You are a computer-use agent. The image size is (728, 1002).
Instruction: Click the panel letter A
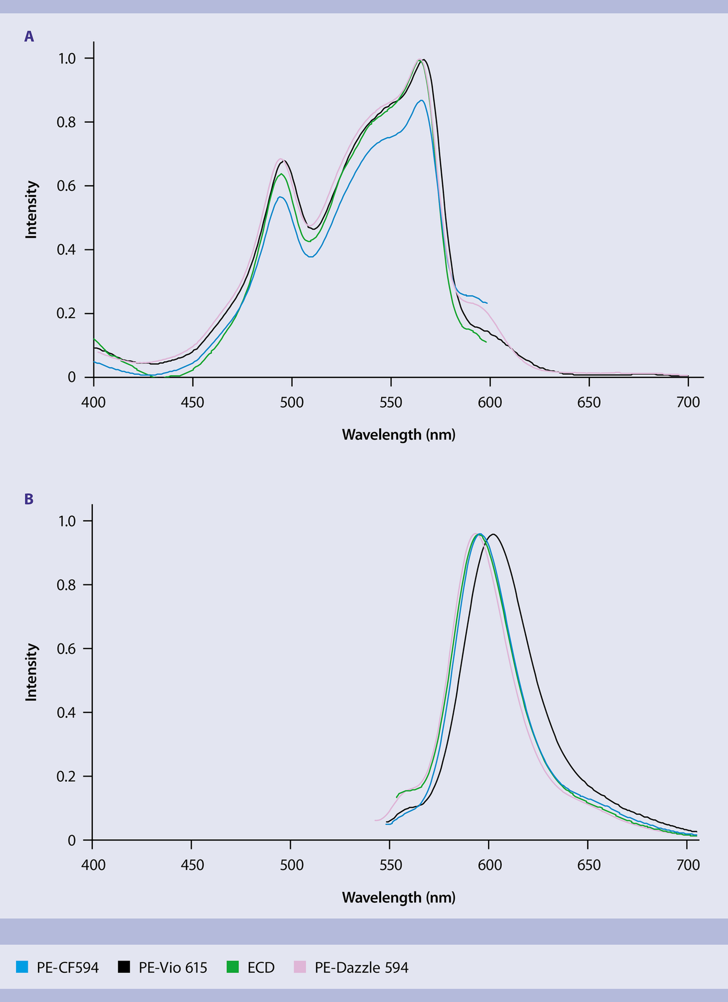click(29, 37)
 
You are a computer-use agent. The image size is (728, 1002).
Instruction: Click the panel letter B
click(29, 499)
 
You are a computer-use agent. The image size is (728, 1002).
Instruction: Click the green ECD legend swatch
click(233, 967)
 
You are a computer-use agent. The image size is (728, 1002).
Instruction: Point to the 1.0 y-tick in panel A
click(67, 58)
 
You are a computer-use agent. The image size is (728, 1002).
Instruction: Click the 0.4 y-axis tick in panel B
click(66, 713)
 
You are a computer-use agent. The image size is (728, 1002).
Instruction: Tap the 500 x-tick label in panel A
click(292, 403)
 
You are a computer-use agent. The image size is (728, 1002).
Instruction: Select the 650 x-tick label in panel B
click(588, 866)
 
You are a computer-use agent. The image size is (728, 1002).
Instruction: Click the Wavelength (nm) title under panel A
click(398, 435)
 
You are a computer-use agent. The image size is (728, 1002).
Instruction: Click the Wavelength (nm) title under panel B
click(398, 898)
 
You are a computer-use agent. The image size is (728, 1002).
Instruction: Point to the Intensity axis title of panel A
click(32, 209)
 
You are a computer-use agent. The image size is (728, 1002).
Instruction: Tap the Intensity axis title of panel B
click(32, 672)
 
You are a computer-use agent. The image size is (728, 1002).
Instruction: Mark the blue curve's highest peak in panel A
click(421, 100)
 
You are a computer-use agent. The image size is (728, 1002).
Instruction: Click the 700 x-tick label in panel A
click(688, 403)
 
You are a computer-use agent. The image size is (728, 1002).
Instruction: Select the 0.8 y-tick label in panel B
click(66, 585)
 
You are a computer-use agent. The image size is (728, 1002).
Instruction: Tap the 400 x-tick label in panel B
click(93, 866)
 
